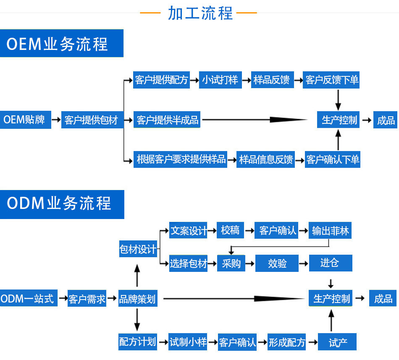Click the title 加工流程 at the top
coord(200,13)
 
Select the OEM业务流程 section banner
coord(61,43)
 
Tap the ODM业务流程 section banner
coord(62,204)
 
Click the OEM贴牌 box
coord(25,120)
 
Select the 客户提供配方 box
coord(161,80)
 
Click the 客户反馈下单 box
coord(332,80)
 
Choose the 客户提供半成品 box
coord(167,120)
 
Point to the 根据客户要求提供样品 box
coord(181,159)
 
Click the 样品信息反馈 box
coord(265,160)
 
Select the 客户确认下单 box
coord(333,160)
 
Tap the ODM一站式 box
coord(28,299)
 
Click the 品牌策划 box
coord(137,299)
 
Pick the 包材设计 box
coord(138,250)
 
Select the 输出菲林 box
coord(330,231)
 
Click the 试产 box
coord(338,342)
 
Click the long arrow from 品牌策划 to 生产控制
coord(233,299)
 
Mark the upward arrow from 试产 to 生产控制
coord(331,321)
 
